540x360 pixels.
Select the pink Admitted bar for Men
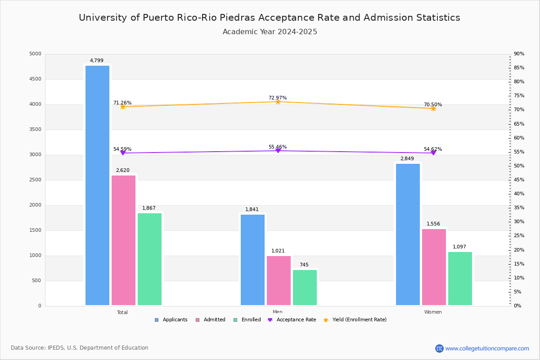pos(279,280)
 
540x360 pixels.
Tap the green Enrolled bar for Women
pos(460,279)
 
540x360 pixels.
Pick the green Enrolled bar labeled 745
pos(305,288)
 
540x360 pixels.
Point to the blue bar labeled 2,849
pos(408,234)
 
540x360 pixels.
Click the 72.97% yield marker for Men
pos(278,102)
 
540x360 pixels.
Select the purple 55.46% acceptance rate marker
pos(278,150)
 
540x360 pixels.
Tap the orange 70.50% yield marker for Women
pos(433,108)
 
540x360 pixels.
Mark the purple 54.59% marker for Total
pos(122,153)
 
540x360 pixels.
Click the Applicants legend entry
pos(171,320)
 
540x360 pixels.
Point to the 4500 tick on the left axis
pos(35,79)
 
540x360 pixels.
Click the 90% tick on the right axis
pos(519,54)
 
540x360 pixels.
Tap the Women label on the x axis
pos(433,312)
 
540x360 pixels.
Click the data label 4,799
pos(96,61)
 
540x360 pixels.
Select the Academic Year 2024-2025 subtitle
pos(270,32)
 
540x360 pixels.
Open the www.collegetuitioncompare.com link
pos(487,348)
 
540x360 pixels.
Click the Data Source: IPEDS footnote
pos(80,348)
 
